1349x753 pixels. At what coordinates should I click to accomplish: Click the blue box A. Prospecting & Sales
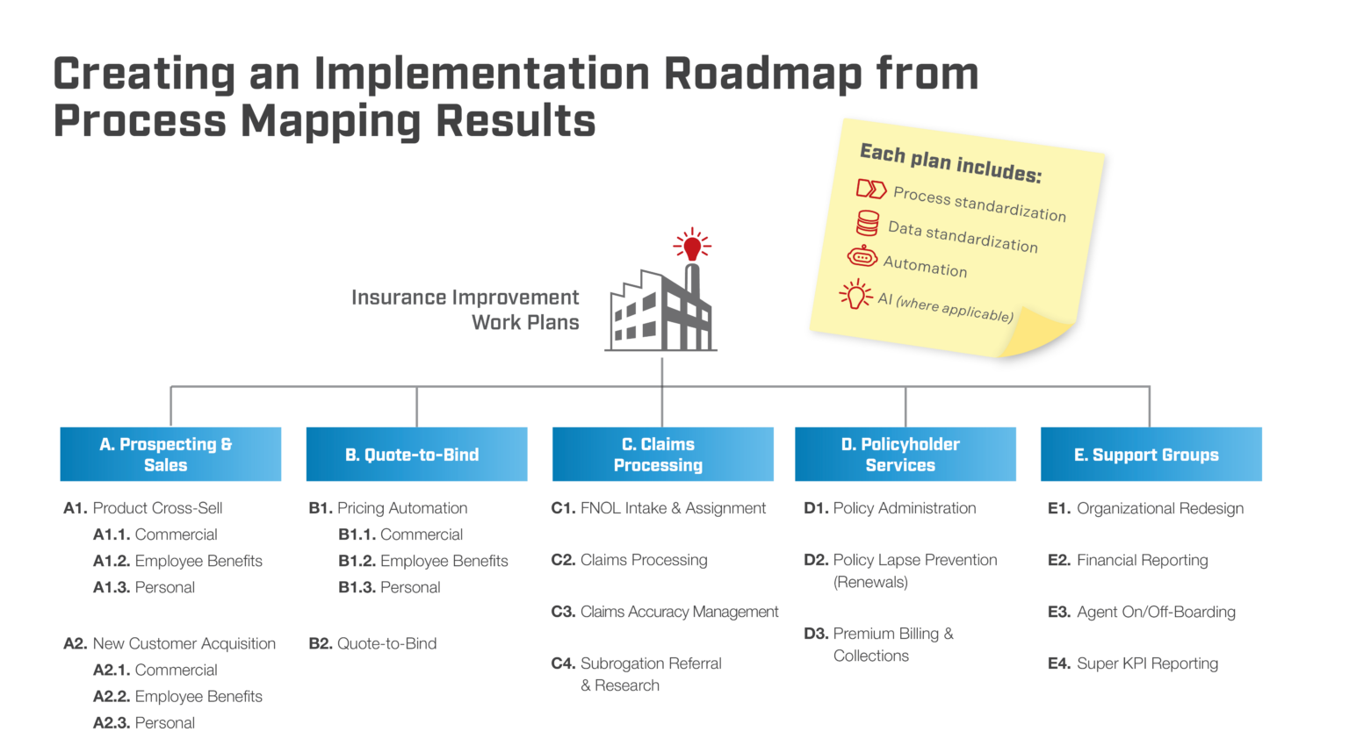point(170,454)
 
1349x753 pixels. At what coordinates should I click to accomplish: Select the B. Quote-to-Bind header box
point(416,454)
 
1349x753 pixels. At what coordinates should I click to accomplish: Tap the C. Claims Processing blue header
point(662,454)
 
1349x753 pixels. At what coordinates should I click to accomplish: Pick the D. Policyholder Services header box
point(905,454)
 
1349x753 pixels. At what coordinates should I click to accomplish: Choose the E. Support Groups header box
point(1151,454)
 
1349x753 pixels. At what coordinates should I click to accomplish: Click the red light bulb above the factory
point(692,246)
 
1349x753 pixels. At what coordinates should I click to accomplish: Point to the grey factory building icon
point(662,312)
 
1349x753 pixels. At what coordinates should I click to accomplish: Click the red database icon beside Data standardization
point(868,223)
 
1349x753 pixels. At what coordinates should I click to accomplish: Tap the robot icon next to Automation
point(862,256)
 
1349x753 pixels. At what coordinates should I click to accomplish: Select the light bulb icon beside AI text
point(855,295)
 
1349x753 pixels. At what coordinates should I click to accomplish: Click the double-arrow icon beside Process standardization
point(871,189)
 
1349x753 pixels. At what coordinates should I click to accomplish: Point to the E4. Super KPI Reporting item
point(1133,663)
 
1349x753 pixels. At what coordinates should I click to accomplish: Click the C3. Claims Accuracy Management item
point(665,612)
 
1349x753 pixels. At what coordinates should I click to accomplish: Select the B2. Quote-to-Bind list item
point(373,643)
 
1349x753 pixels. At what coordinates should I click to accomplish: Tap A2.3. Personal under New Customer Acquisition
point(145,722)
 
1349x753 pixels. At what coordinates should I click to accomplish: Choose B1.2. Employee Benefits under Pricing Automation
point(423,561)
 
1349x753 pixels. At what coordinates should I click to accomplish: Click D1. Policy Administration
point(890,508)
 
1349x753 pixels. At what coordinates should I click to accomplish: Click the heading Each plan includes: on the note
point(950,162)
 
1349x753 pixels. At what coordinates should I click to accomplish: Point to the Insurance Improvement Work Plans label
point(465,310)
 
